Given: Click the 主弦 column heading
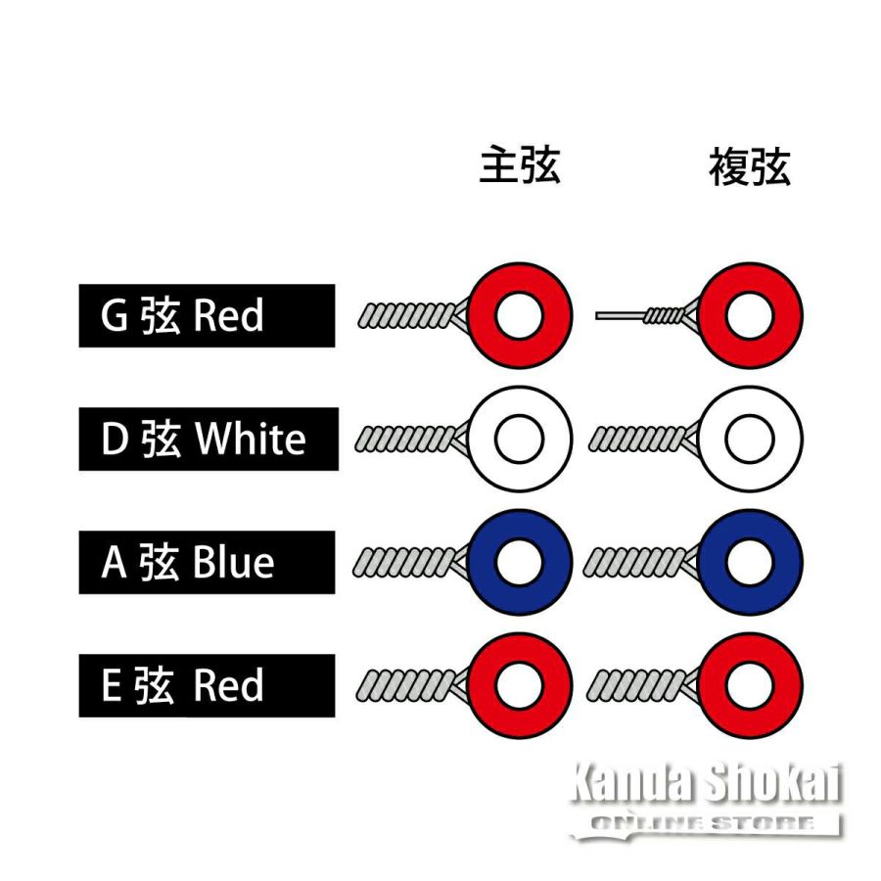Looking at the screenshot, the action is click(x=520, y=165).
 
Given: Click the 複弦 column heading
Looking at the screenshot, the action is click(x=750, y=166).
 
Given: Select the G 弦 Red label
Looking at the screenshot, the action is click(x=207, y=316).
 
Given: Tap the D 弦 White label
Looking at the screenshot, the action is click(x=209, y=439).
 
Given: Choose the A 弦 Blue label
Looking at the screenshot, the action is click(x=207, y=563).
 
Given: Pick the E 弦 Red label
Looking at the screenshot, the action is click(x=207, y=685).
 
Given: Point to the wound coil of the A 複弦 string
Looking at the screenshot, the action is click(x=633, y=563).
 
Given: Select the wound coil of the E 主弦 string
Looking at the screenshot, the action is click(x=405, y=685).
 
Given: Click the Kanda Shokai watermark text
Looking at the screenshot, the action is click(x=706, y=782).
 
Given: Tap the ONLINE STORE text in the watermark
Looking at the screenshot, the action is click(x=702, y=823).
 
